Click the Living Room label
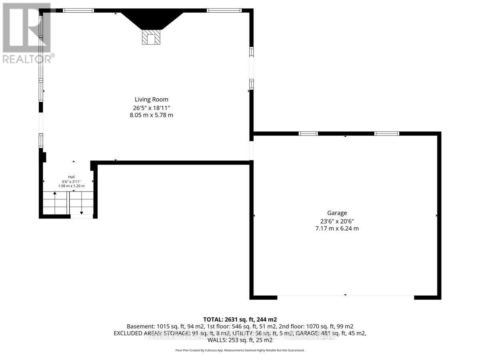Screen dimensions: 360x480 pyautogui.click(x=151, y=100)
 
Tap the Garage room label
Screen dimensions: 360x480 pyautogui.click(x=337, y=213)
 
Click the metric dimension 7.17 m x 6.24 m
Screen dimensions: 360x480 pyautogui.click(x=337, y=228)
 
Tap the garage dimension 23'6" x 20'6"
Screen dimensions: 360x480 pyautogui.click(x=337, y=221)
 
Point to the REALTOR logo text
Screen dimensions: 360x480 pyautogui.click(x=27, y=59)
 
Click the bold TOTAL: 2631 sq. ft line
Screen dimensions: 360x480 pyautogui.click(x=240, y=319)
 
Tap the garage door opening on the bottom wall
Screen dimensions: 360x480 pyautogui.click(x=346, y=297)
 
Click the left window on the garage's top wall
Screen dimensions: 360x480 pyautogui.click(x=308, y=134)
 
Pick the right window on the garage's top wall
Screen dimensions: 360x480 pyautogui.click(x=386, y=134)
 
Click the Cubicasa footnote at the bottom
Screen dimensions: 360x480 pyautogui.click(x=240, y=350)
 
